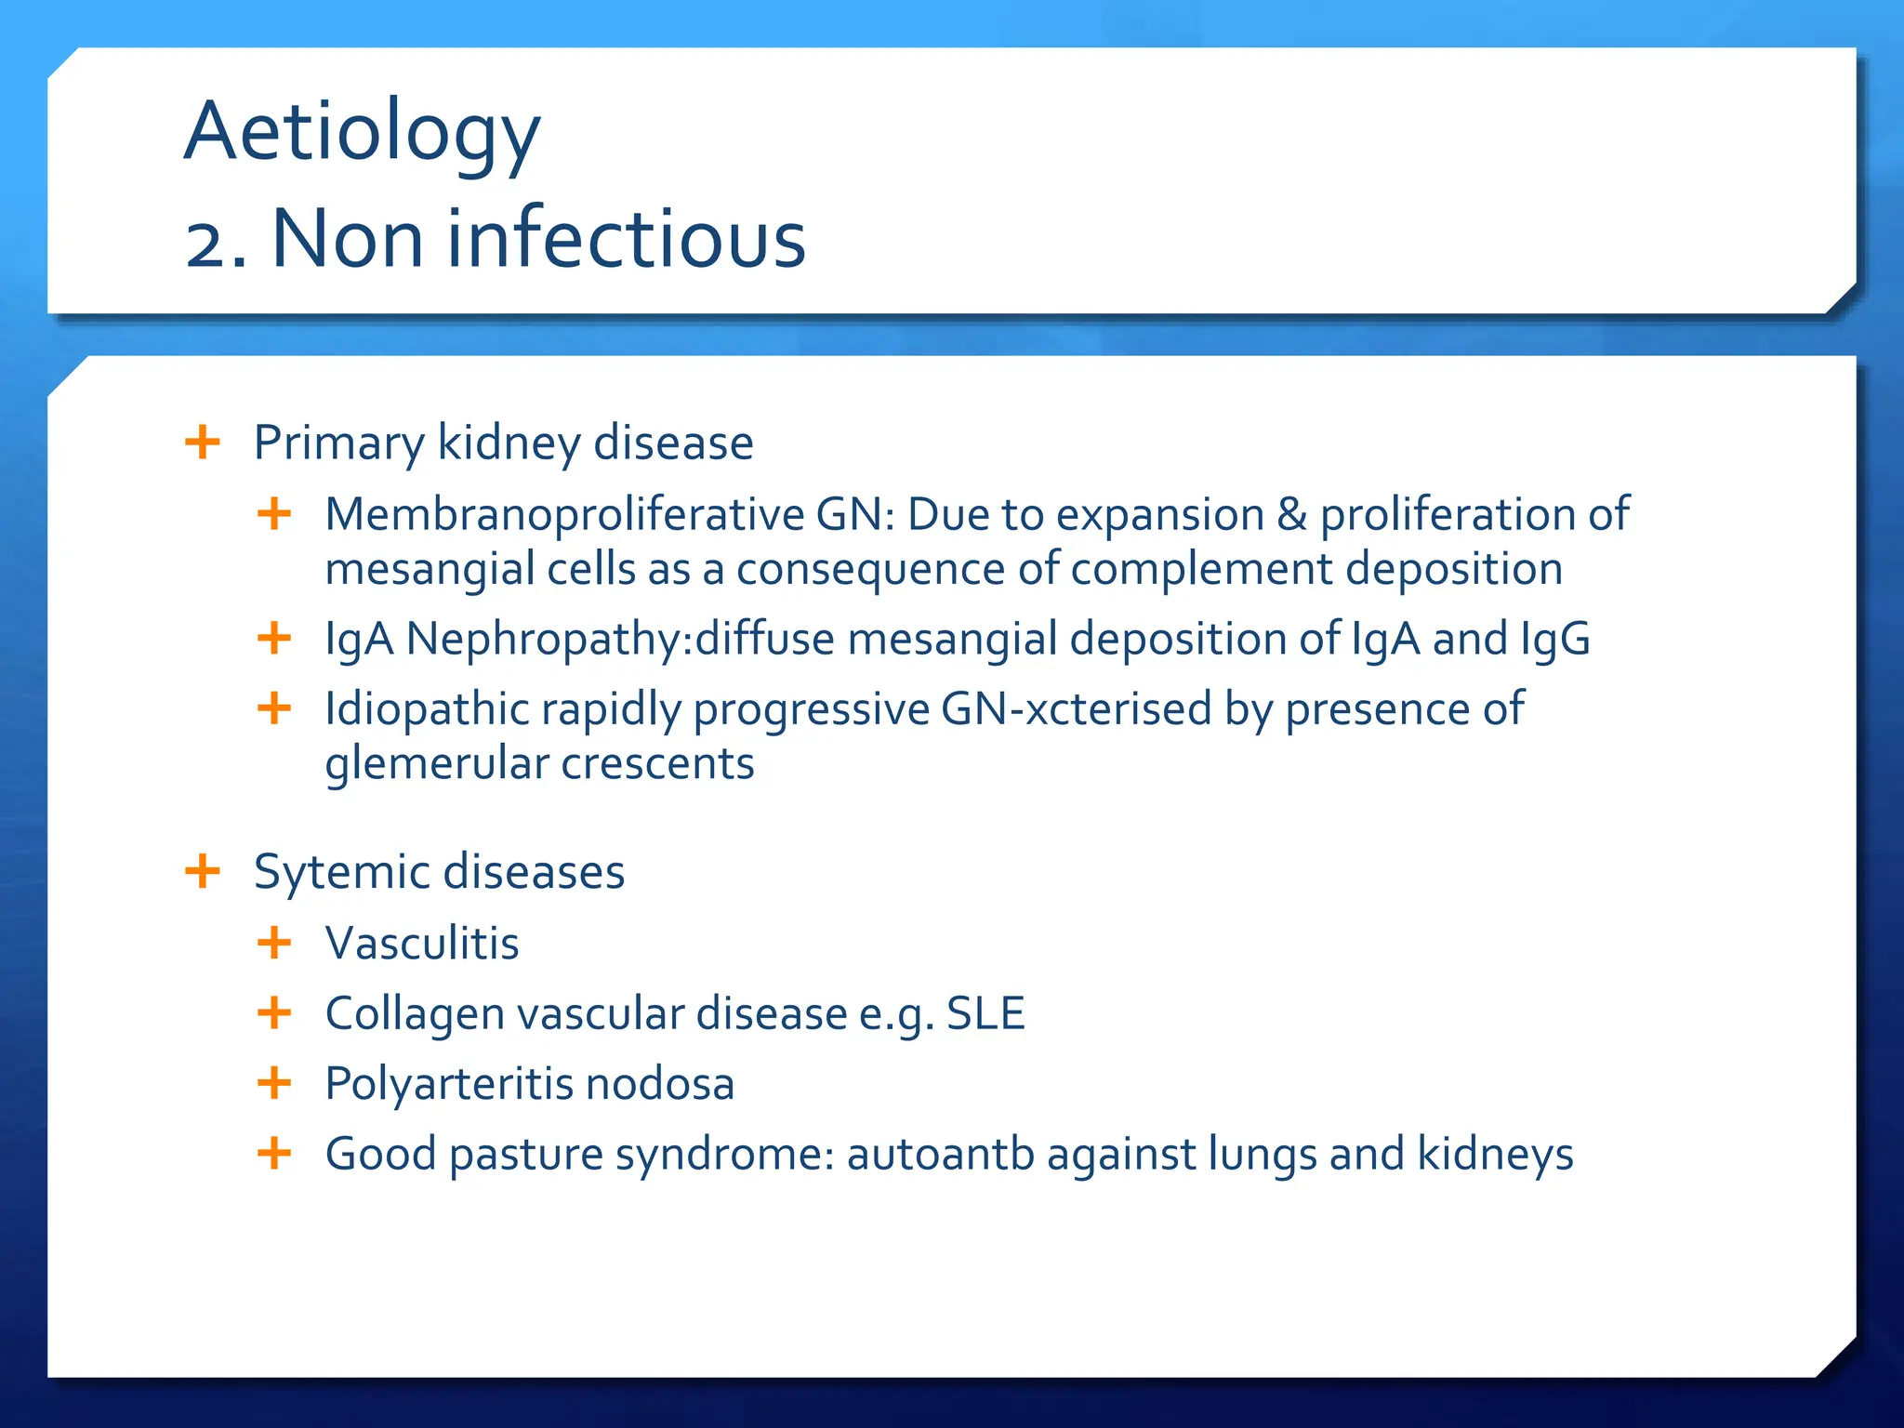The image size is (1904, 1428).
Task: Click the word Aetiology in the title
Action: pyautogui.click(x=362, y=132)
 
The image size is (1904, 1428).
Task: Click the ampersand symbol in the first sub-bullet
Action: pyautogui.click(x=1291, y=514)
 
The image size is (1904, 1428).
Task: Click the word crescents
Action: pyautogui.click(x=657, y=764)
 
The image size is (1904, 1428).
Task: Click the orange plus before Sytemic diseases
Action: pyautogui.click(x=203, y=871)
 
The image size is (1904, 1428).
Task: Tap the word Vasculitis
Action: pyautogui.click(x=422, y=943)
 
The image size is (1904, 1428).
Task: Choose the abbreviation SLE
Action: pyautogui.click(x=985, y=1013)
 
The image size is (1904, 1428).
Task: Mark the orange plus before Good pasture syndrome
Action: pyautogui.click(x=274, y=1154)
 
